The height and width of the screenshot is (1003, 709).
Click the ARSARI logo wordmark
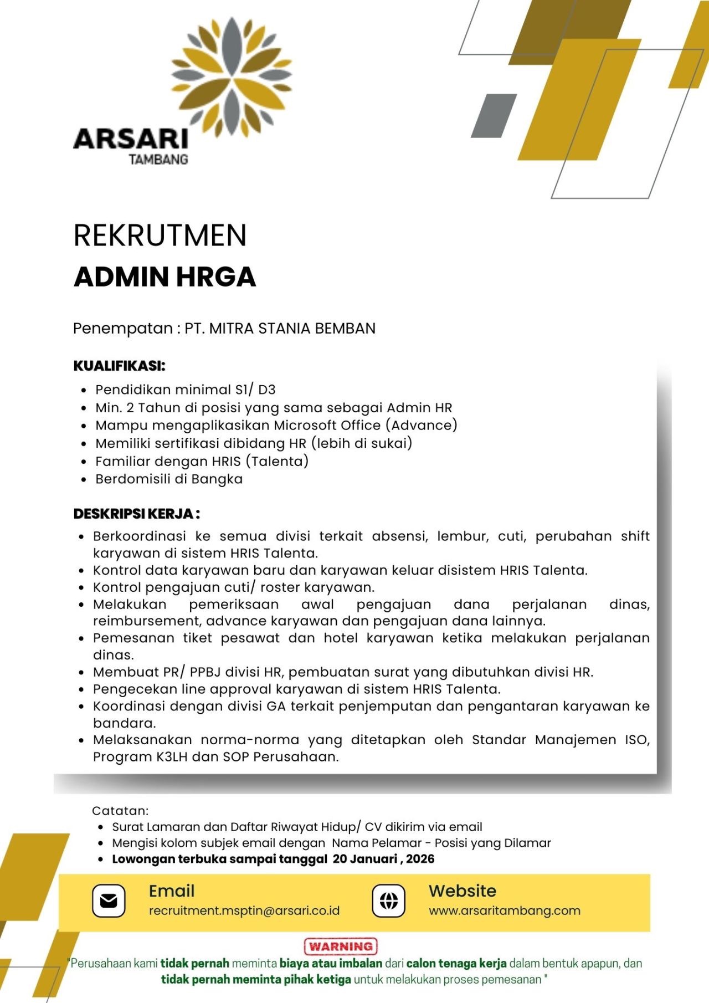pyautogui.click(x=131, y=139)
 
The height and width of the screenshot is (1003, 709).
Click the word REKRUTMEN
pyautogui.click(x=160, y=235)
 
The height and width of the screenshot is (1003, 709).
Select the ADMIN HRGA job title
pyautogui.click(x=165, y=277)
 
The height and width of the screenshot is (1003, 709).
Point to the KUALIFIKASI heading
pyautogui.click(x=119, y=366)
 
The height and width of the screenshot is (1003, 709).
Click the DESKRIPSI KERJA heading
pyautogui.click(x=136, y=514)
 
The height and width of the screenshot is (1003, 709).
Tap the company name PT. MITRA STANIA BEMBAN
pyautogui.click(x=280, y=329)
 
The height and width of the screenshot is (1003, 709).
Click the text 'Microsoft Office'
pyautogui.click(x=327, y=425)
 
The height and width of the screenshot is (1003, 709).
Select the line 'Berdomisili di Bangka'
pyautogui.click(x=169, y=479)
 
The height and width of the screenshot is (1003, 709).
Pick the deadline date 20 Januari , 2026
pyautogui.click(x=383, y=859)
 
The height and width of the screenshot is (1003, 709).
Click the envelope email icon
pyautogui.click(x=109, y=900)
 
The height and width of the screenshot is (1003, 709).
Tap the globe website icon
pyautogui.click(x=388, y=900)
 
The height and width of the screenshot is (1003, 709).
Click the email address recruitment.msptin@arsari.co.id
pyautogui.click(x=244, y=910)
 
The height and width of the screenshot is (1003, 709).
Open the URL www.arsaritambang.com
pyautogui.click(x=504, y=910)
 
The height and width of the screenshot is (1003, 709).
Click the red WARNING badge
pyautogui.click(x=341, y=946)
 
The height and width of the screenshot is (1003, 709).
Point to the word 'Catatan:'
pyautogui.click(x=120, y=811)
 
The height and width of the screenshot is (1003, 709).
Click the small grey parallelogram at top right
pyautogui.click(x=494, y=116)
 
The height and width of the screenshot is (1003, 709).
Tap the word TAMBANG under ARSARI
pyautogui.click(x=158, y=160)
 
